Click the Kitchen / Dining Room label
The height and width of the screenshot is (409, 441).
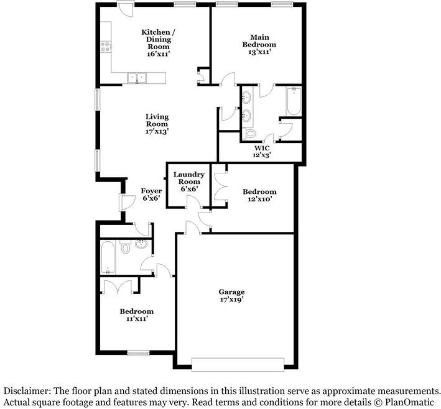tap(159, 43)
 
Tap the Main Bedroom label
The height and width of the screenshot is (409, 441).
tap(259, 44)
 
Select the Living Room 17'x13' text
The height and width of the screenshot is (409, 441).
tap(157, 124)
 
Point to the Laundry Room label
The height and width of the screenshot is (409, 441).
tap(189, 182)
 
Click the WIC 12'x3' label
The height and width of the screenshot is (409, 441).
tap(262, 151)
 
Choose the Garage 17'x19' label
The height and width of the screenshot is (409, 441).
tap(231, 296)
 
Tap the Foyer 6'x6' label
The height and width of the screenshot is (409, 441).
tap(151, 195)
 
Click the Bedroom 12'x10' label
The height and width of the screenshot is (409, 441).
tap(259, 195)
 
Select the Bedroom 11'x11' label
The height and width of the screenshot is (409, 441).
tap(137, 315)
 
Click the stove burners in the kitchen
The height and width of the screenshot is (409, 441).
tap(106, 47)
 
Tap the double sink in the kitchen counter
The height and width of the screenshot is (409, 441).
tap(137, 78)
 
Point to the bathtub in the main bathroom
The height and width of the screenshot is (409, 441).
tap(294, 101)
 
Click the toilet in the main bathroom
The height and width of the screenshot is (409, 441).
tap(249, 133)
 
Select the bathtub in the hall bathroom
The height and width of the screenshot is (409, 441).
tap(108, 257)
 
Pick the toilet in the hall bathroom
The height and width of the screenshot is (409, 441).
tap(124, 247)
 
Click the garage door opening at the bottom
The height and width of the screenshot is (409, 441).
tap(238, 365)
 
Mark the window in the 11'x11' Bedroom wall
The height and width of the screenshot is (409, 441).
tap(138, 353)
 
